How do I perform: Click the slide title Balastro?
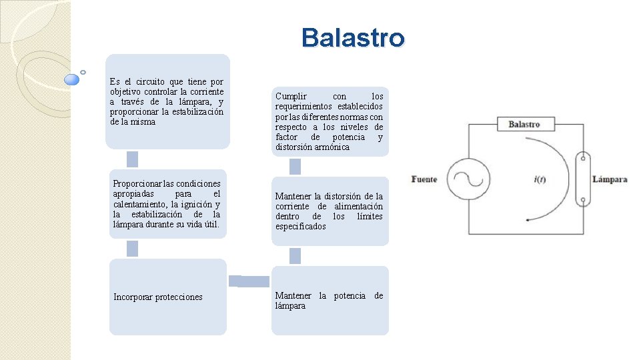352,38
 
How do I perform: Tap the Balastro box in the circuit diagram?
524,124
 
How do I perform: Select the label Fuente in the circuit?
424,179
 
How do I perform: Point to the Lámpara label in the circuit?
610,179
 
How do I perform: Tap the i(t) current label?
540,179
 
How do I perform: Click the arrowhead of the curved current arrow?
527,219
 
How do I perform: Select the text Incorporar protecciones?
158,297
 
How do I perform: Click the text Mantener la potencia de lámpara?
329,301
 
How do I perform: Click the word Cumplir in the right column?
291,97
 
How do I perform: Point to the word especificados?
301,227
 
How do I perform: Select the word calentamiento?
140,204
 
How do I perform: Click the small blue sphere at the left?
72,80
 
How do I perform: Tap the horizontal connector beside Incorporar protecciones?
249,281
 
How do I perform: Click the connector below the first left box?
132,159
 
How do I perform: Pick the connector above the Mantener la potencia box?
295,256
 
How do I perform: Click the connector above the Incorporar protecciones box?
132,249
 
